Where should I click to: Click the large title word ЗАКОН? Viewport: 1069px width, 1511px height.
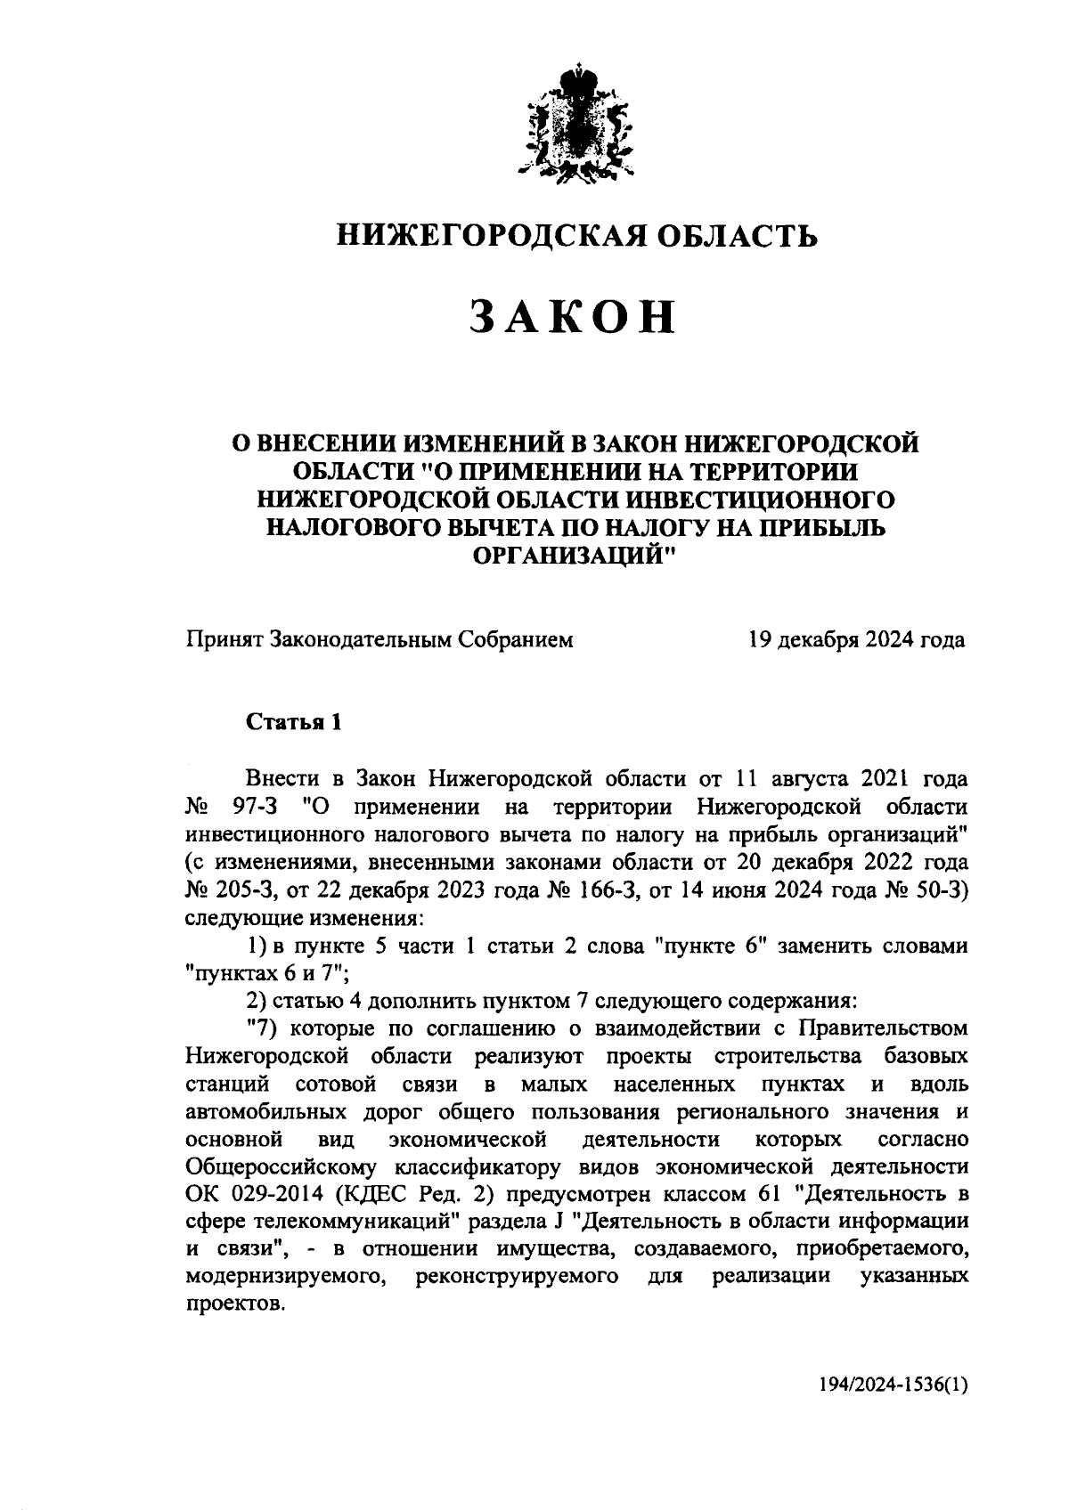(573, 317)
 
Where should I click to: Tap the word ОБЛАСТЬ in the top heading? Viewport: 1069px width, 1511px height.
(739, 235)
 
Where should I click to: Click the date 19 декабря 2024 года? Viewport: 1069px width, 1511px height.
(857, 639)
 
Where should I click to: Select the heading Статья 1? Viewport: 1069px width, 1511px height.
(294, 721)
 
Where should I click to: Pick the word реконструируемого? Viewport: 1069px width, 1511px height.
(518, 1277)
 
